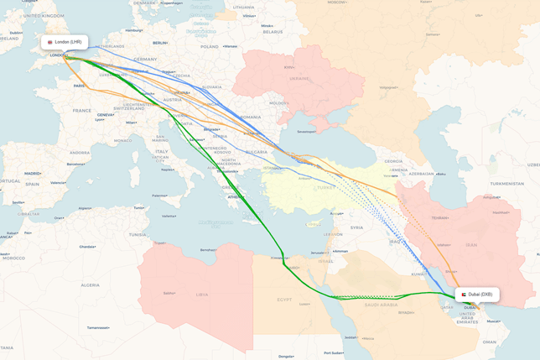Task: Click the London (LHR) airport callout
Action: point(65,42)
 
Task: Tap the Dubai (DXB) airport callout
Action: point(477,295)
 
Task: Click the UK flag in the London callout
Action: point(50,42)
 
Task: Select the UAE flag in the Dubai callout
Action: point(464,295)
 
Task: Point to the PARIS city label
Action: point(79,86)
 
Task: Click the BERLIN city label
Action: point(160,43)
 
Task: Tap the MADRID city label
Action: point(33,174)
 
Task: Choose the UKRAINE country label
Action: point(300,78)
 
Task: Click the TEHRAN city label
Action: point(439,217)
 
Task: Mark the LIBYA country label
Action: point(201,295)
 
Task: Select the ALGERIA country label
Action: point(90,285)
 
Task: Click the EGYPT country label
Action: point(284,299)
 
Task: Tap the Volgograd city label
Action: point(387,86)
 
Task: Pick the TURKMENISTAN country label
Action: point(506,184)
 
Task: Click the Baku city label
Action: point(439,174)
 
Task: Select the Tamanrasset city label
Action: point(98,328)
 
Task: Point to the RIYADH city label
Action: point(406,312)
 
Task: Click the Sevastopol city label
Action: point(306,132)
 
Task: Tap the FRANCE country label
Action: point(81,111)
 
